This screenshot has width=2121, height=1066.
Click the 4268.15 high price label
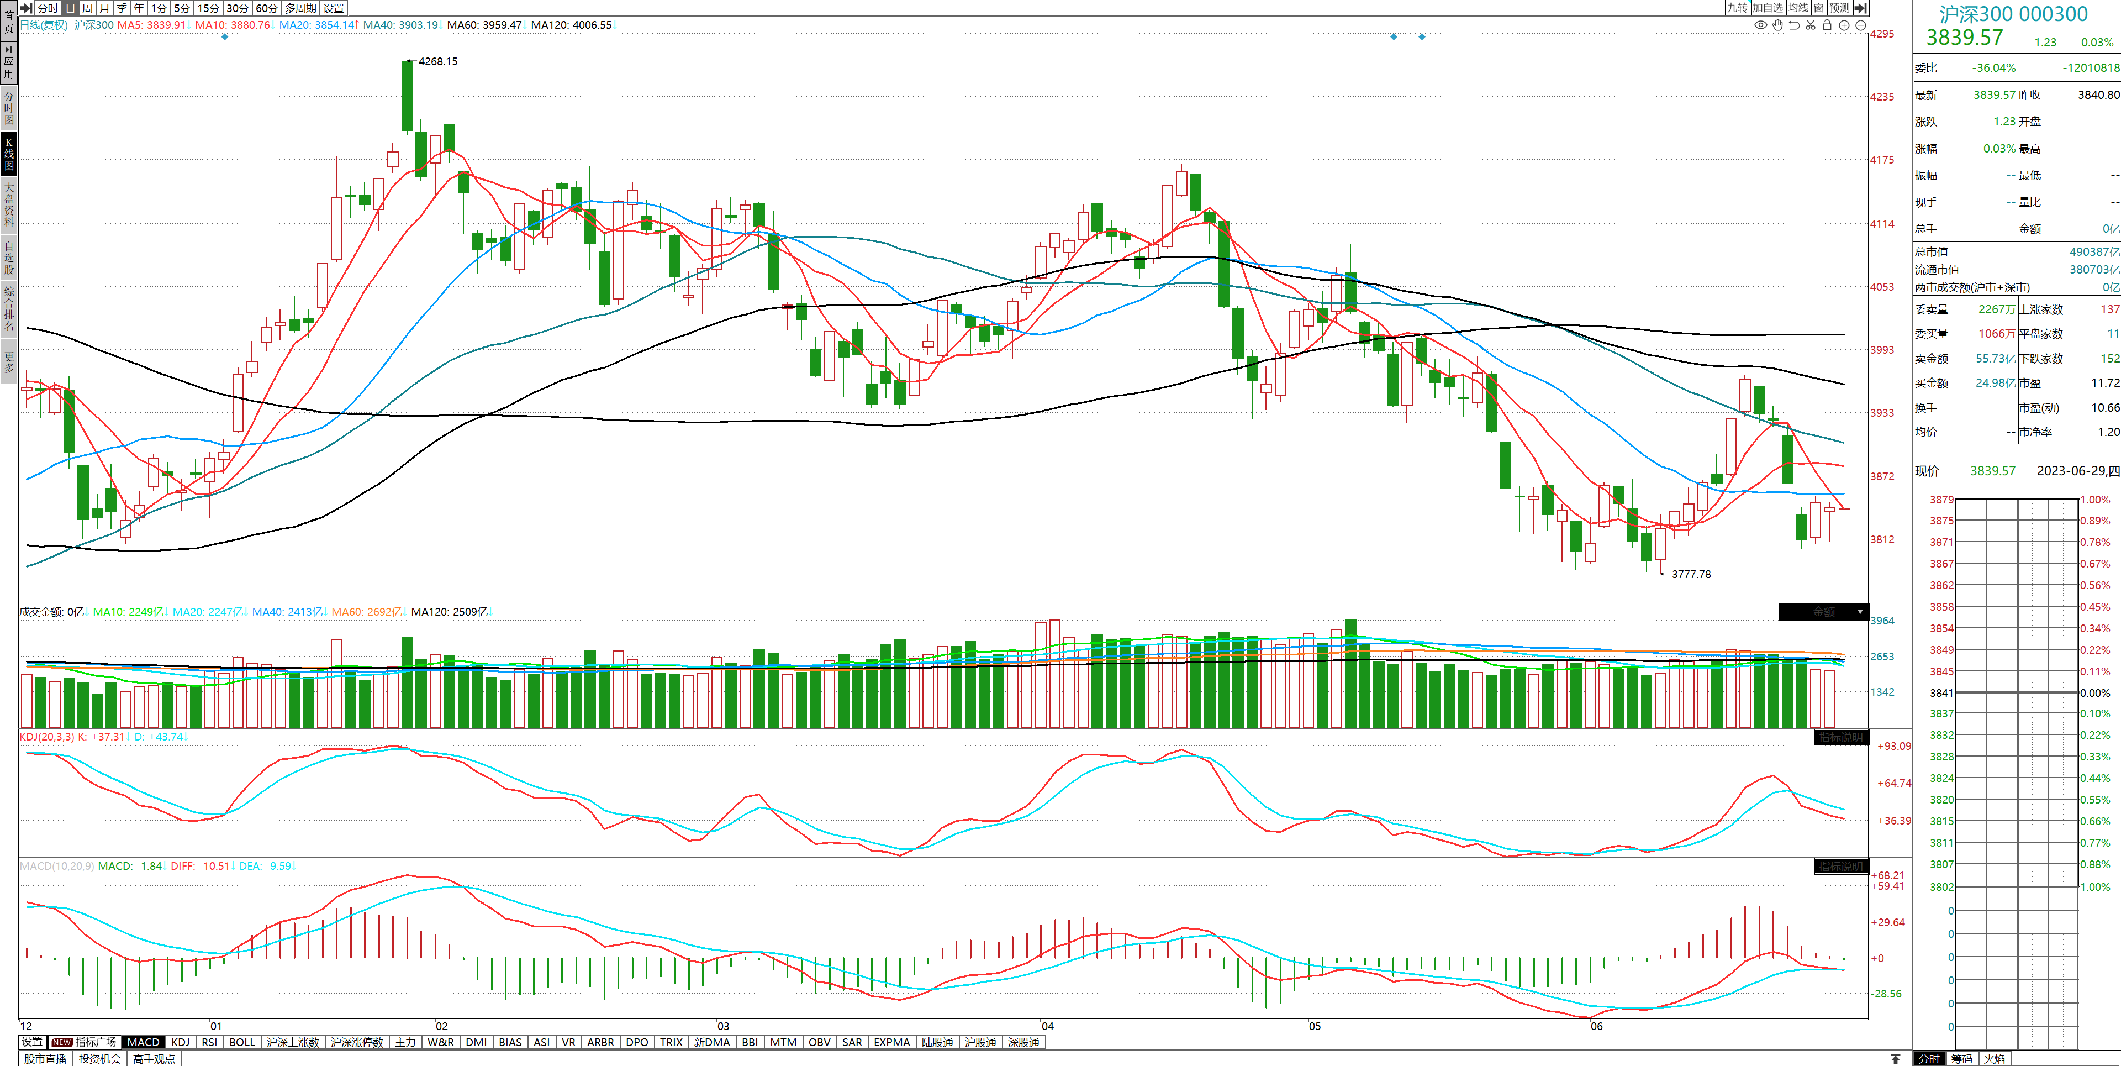coord(437,62)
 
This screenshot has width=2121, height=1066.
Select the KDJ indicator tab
coord(180,1042)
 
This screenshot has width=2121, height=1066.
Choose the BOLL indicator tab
coord(242,1042)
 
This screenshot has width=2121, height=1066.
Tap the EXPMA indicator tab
coord(891,1042)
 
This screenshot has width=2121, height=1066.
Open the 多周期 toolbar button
coord(300,8)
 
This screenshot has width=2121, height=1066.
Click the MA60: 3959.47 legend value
coord(484,25)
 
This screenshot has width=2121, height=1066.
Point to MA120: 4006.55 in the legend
coord(572,25)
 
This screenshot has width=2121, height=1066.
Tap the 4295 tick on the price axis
coord(1882,34)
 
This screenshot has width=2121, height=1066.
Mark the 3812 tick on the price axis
coord(1882,539)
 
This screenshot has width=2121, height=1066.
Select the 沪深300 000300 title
coord(2013,14)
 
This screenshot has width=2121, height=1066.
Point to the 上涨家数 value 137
coord(2109,310)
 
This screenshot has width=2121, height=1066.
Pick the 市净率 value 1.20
coord(2109,432)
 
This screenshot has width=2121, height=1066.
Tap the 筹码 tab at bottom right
coord(1961,1059)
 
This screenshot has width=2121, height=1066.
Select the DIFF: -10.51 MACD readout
coord(200,866)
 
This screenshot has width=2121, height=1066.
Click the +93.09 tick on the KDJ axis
coord(1894,747)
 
